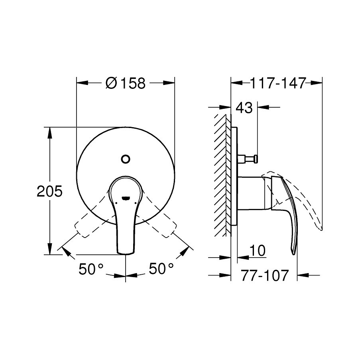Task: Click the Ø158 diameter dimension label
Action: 126,83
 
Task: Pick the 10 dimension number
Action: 257,250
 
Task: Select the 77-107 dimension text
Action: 264,275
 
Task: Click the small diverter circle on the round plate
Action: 126,159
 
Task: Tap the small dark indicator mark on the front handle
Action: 126,198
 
